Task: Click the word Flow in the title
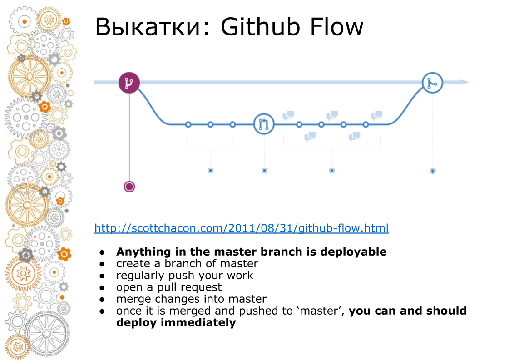(x=337, y=27)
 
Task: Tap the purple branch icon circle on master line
(x=129, y=83)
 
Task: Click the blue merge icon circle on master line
(x=432, y=83)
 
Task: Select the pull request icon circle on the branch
(x=264, y=124)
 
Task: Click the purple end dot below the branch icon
(x=129, y=187)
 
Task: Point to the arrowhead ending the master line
(x=464, y=82)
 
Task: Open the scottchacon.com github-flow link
(x=241, y=228)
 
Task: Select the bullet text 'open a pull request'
(x=169, y=287)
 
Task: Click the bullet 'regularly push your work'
(x=184, y=276)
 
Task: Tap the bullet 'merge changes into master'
(x=191, y=299)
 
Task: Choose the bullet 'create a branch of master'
(x=187, y=264)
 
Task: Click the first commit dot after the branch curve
(x=188, y=124)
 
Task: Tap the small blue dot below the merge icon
(x=432, y=171)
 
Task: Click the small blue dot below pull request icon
(x=264, y=170)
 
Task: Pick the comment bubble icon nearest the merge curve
(x=376, y=115)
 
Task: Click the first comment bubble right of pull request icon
(x=288, y=115)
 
